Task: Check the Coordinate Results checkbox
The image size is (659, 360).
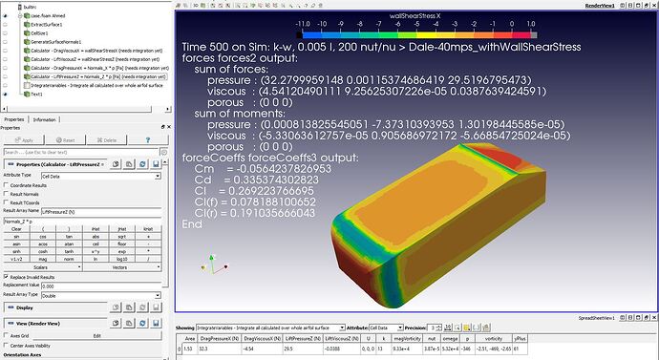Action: click(7, 185)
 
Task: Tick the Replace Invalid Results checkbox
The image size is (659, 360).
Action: click(7, 277)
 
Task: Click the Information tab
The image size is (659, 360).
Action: click(45, 119)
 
